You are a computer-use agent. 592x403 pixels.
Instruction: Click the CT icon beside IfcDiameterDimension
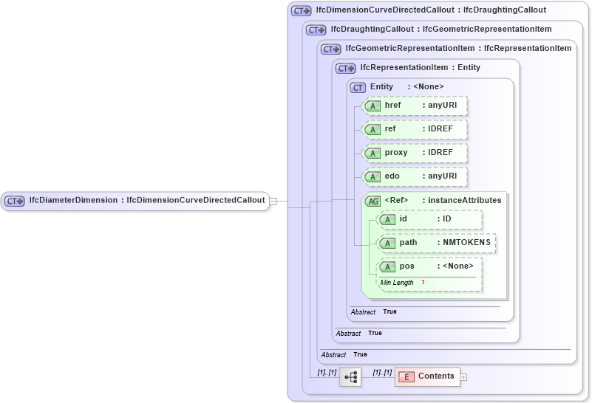pos(15,201)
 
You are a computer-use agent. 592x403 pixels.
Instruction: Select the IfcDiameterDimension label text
pos(73,200)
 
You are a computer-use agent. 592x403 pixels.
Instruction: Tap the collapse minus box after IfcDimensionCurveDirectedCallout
pos(273,201)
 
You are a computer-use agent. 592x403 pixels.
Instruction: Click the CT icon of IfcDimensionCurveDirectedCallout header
pos(301,10)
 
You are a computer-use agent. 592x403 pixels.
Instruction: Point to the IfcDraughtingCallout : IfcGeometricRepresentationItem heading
pos(440,30)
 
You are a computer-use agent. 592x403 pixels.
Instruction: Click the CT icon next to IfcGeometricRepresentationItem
pos(330,49)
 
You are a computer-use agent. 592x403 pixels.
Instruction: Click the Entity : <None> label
pos(406,87)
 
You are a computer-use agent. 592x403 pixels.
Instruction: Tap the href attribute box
pos(415,106)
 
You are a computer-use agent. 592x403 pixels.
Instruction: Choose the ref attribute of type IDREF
pos(415,129)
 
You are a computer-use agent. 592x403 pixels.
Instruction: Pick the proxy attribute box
pos(415,153)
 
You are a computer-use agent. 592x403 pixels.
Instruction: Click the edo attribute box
pos(415,176)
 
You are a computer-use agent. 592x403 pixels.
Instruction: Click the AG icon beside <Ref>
pos(372,201)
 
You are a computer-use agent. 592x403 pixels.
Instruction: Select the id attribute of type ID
pos(429,219)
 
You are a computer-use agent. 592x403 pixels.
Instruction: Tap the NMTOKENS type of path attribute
pos(466,243)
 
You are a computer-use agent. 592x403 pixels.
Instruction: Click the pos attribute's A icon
pos(387,266)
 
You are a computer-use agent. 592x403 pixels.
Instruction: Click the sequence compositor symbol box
pos(350,377)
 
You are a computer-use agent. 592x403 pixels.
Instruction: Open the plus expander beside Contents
pos(464,377)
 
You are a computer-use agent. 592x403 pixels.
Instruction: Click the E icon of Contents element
pos(406,377)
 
